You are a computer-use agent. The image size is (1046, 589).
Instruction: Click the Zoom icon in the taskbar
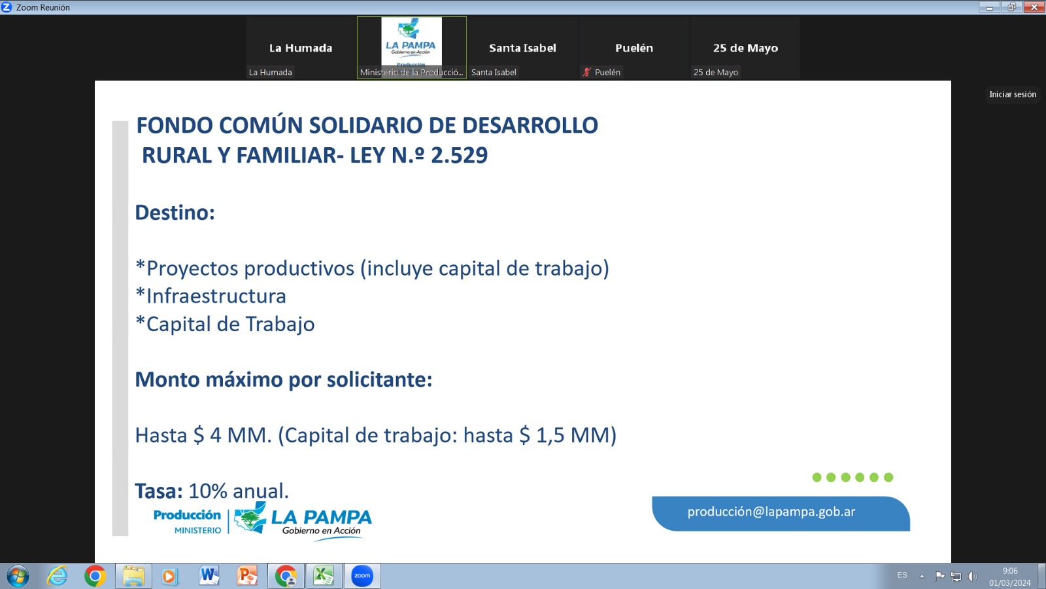(362, 575)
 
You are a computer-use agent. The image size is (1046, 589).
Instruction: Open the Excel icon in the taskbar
(323, 575)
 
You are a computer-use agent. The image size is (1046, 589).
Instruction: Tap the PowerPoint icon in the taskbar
(247, 575)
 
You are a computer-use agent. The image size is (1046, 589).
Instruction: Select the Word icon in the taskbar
(209, 575)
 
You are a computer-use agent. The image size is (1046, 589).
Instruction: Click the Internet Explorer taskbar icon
(57, 575)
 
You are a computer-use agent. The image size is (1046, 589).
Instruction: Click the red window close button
(1034, 7)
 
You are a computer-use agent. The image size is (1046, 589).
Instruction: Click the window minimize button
(989, 7)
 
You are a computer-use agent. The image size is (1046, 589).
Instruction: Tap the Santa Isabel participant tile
(522, 48)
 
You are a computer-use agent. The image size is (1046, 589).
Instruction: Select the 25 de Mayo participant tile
(745, 48)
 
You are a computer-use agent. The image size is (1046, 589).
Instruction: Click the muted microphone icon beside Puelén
(586, 72)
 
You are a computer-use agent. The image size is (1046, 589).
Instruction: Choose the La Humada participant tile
(300, 48)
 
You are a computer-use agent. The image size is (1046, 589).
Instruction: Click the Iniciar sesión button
(1013, 94)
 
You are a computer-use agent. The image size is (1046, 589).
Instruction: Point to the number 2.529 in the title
(459, 155)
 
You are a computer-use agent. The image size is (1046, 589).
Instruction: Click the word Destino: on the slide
(175, 212)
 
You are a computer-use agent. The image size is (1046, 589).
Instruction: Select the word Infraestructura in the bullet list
(216, 296)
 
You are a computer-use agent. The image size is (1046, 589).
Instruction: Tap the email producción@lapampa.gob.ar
(771, 511)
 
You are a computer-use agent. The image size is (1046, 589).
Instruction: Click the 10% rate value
(205, 491)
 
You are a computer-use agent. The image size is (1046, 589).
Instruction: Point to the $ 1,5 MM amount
(565, 435)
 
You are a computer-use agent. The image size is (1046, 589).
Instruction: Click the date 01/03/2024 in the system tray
(1009, 582)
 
